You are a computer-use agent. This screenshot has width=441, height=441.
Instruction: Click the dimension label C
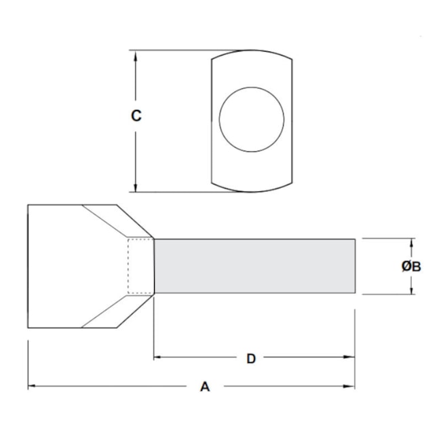[x=136, y=116]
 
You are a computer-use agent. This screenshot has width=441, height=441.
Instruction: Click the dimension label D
[x=250, y=358]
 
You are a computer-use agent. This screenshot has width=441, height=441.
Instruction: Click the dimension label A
[x=205, y=387]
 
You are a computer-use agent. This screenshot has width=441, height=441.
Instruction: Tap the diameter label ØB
[x=411, y=267]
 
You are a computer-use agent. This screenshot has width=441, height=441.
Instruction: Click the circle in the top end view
[x=251, y=119]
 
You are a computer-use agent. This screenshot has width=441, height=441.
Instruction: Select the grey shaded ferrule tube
[x=254, y=266]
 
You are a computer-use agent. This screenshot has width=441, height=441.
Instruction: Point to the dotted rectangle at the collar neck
[x=141, y=266]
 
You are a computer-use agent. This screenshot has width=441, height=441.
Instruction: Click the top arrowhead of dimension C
[x=136, y=55]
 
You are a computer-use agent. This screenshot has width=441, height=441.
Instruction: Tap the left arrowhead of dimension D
[x=158, y=357]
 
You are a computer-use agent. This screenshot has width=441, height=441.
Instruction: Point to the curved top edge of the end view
[x=252, y=52]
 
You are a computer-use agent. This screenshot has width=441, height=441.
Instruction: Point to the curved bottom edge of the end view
[x=252, y=191]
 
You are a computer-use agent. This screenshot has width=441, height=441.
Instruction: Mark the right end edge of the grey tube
[x=355, y=266]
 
